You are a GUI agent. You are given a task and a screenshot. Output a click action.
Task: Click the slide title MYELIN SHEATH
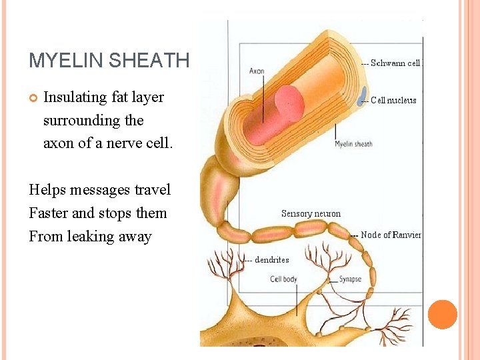pos(109,61)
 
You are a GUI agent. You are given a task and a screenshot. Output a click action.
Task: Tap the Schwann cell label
pos(395,63)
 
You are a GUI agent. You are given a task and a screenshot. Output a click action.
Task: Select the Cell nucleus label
pos(393,101)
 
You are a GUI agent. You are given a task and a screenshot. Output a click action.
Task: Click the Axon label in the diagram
pos(257,71)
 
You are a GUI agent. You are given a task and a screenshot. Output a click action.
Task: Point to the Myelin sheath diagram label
pos(353,144)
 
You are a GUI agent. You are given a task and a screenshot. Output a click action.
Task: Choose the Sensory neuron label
pos(311,214)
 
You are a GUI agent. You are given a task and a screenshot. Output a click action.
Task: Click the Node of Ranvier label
pos(391,235)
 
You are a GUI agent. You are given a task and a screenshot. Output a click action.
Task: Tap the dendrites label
pos(271,260)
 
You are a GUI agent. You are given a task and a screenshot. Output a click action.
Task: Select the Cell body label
pos(283,279)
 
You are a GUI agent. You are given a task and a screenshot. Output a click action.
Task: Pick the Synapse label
pos(350,279)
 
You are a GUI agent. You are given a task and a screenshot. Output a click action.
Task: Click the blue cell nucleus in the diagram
pos(364,93)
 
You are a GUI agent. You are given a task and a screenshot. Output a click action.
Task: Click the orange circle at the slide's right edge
pos(442,315)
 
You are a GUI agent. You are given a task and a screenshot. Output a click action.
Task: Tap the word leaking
pos(90,237)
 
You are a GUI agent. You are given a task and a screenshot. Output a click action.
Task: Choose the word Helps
pos(46,190)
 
